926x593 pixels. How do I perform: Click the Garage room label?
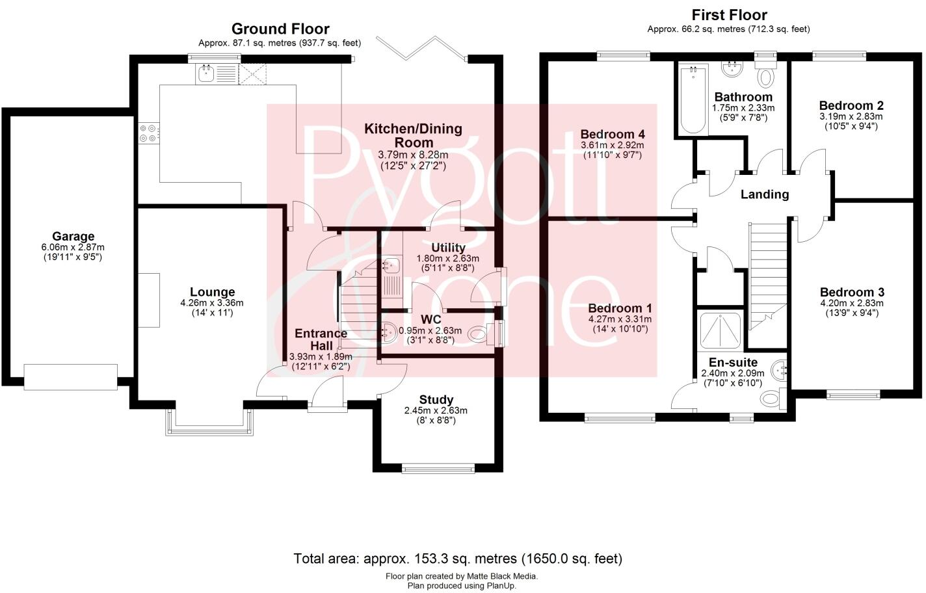73,237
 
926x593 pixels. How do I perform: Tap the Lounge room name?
212,292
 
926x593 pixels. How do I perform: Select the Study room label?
436,400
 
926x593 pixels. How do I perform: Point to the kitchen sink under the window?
206,74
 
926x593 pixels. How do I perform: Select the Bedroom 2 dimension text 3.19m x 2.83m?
851,116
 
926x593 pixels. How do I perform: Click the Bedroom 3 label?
851,292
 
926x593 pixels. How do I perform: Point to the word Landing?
764,194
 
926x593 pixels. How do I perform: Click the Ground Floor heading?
280,29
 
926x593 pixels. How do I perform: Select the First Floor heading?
729,14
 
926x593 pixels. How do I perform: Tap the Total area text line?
458,558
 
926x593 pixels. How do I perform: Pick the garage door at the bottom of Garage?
70,375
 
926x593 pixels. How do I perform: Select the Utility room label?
448,247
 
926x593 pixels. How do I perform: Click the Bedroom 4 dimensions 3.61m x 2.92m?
612,145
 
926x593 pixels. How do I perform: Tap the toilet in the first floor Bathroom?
765,76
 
